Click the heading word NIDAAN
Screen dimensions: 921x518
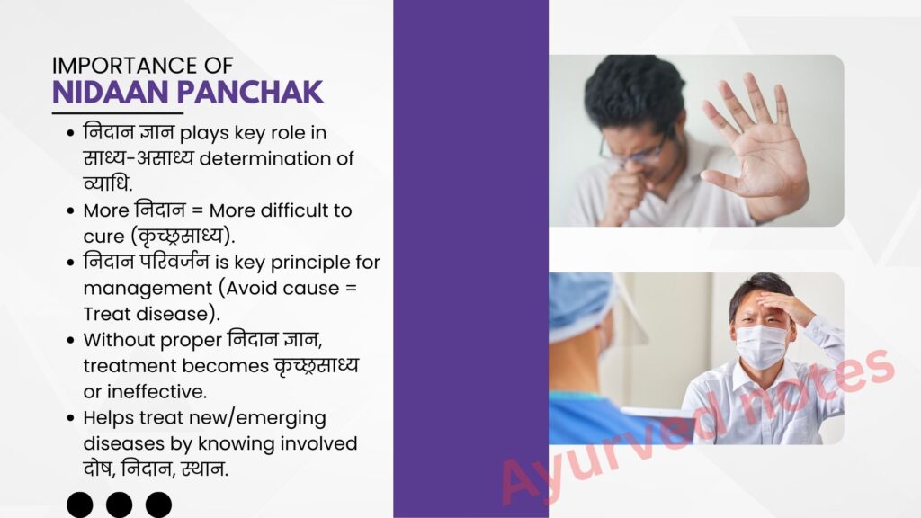tap(111, 93)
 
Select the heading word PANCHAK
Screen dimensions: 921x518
tap(250, 93)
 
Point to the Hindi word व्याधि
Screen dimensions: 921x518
tap(108, 183)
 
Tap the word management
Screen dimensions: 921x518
tap(148, 289)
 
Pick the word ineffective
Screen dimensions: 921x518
tap(156, 392)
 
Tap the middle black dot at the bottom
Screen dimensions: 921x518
tap(120, 505)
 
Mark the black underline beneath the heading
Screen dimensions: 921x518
tap(118, 112)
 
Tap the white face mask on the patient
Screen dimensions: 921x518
tap(761, 346)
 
